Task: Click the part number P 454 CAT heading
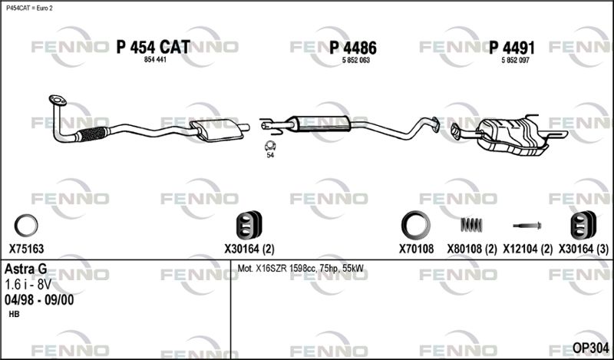click(x=153, y=48)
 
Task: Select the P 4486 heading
click(x=353, y=48)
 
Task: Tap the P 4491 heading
click(x=512, y=48)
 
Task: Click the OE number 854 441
click(x=156, y=60)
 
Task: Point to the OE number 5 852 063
click(x=356, y=61)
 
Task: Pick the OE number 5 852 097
click(x=515, y=61)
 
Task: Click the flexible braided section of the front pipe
click(x=92, y=134)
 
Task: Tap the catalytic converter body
click(x=216, y=130)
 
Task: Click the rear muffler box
click(x=510, y=135)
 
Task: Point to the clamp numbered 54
click(x=270, y=146)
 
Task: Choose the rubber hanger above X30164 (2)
click(x=249, y=225)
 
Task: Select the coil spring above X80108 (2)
click(x=471, y=225)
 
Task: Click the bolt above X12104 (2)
click(x=527, y=226)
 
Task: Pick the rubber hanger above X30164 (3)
click(x=583, y=225)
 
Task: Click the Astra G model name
click(x=26, y=269)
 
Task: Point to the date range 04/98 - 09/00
click(x=39, y=300)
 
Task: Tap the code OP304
click(x=590, y=348)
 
